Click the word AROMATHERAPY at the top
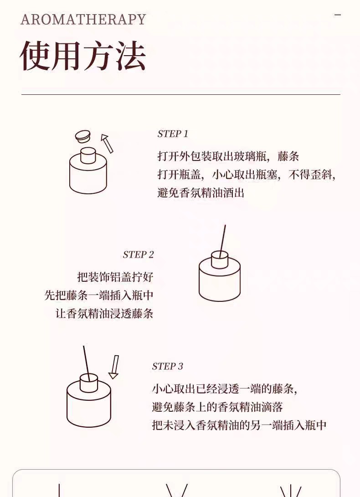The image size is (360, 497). coord(83,19)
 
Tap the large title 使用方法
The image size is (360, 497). coord(83,56)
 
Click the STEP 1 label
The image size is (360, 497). coord(173,134)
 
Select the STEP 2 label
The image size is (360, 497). coord(138,254)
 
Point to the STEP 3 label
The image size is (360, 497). coord(167,367)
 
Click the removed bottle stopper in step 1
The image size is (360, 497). coord(83,137)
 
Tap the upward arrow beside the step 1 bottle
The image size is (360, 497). coord(107,143)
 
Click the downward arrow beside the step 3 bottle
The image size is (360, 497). coord(114,367)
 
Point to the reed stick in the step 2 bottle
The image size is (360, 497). coord(222,241)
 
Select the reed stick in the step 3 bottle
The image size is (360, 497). coord(87,363)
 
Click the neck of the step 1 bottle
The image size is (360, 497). coord(88,155)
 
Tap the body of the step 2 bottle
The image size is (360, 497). coord(220,280)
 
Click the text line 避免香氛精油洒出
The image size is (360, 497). coord(201,193)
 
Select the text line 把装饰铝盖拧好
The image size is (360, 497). coord(115,277)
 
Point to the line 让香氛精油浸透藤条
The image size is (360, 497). coord(104,314)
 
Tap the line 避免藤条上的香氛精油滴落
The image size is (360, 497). coord(217,407)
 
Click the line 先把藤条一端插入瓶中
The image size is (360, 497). coord(99,295)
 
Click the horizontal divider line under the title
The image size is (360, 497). coord(180,94)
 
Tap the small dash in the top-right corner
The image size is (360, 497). coord(338,15)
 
